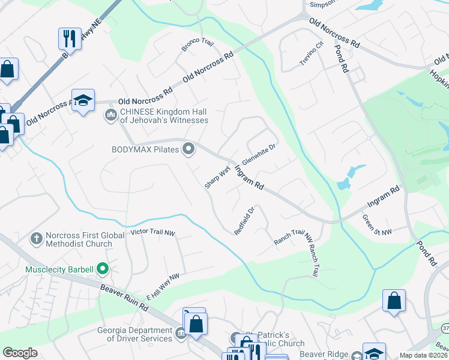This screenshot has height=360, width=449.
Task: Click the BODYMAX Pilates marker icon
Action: (189, 148)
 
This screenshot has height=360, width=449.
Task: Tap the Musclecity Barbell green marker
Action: (103, 269)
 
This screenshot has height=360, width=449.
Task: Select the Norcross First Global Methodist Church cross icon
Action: (37, 239)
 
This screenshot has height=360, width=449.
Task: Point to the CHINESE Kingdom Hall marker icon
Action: (110, 114)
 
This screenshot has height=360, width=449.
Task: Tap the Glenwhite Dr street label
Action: (258, 155)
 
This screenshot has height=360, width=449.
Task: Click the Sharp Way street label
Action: (217, 178)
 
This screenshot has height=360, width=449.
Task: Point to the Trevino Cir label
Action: (312, 54)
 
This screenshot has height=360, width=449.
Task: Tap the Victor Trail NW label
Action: (152, 232)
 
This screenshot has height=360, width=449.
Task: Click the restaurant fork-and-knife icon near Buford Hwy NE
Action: (68, 39)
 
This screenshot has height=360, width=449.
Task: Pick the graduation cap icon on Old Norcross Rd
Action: (83, 100)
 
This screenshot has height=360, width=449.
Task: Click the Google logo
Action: (20, 353)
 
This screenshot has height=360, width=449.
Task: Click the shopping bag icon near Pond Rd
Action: (394, 301)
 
